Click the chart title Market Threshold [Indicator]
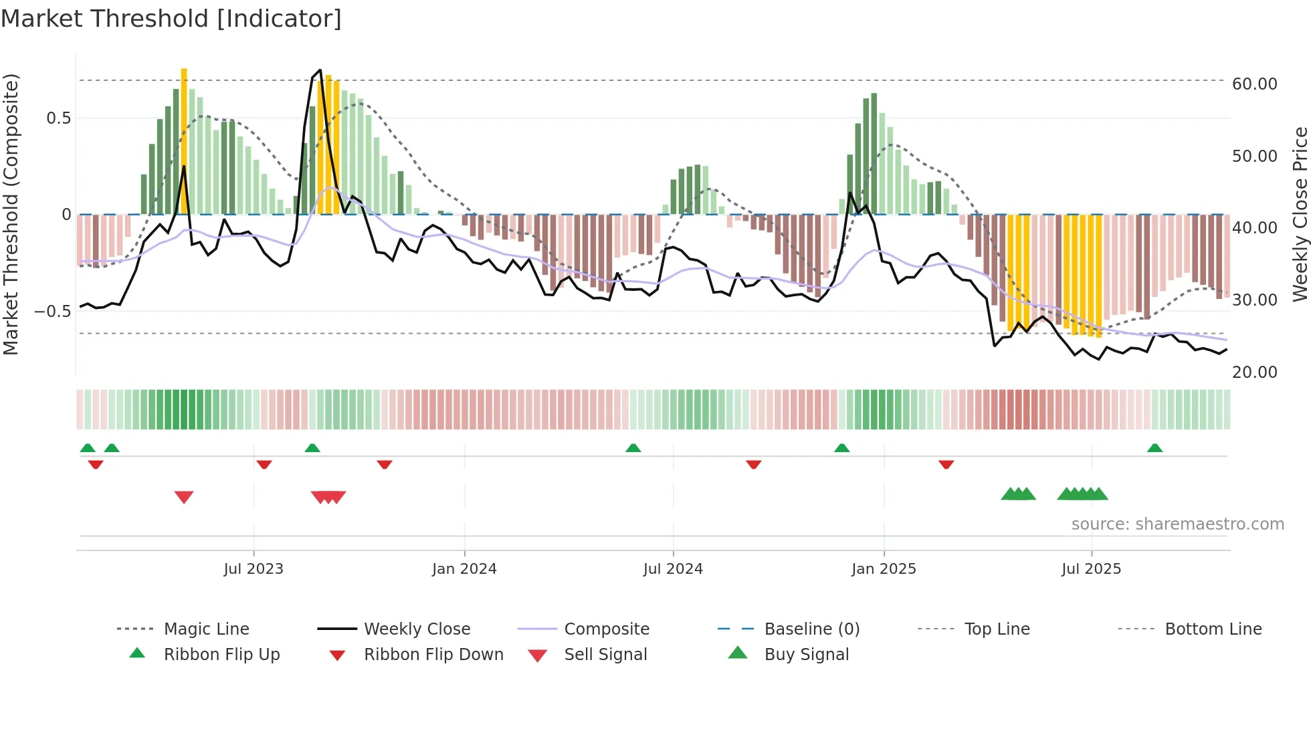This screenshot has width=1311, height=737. pos(171,19)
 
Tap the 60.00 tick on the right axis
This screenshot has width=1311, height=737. pos(1254,84)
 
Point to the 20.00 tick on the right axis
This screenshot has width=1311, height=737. pos(1254,373)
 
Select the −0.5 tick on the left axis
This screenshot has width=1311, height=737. pos(52,312)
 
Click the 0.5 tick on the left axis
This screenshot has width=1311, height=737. pos(58,118)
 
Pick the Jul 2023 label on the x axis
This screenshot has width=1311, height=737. pos(254,569)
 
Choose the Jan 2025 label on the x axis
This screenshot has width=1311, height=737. pos(884,569)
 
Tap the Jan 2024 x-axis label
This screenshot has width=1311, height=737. pos(464,569)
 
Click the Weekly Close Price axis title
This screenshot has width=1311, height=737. pos(1300,214)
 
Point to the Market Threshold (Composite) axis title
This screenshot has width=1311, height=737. pos(11,214)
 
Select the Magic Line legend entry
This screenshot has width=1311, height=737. pos(206,629)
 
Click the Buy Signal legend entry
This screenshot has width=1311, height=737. pos(806,655)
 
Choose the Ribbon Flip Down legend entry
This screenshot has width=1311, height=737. pos(433,655)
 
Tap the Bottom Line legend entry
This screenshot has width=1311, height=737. pos(1213,629)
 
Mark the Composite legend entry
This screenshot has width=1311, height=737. pos(606,629)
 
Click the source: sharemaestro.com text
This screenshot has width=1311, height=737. pos(1177,524)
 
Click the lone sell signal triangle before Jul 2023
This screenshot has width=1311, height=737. pos(184,497)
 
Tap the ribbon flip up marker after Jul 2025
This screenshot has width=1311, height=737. pos(1154,448)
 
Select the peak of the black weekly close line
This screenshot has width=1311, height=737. pos(320,70)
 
